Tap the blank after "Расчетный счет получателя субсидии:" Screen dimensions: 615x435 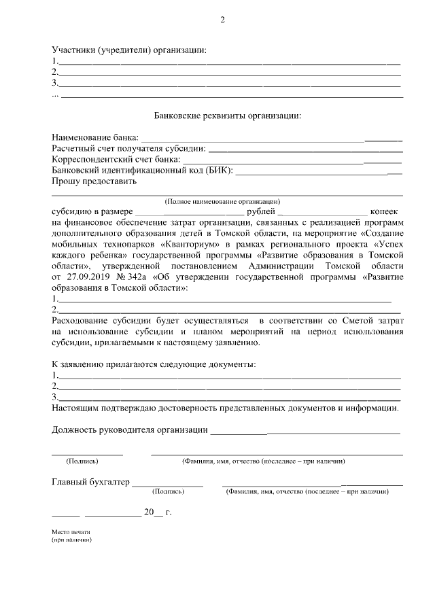coord(305,149)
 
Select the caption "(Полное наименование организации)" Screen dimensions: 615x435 coord(223,202)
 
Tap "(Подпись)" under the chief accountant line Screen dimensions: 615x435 coord(168,491)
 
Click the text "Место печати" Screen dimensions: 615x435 coord(71,532)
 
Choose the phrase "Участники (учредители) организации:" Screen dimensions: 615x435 coord(128,50)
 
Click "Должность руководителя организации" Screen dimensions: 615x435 coord(129,429)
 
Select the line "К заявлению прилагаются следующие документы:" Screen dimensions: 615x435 coord(154,365)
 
